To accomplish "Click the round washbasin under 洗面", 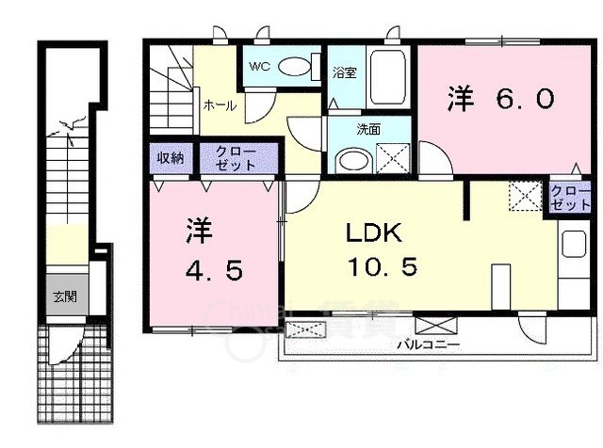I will [354, 159].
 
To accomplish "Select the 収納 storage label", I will [170, 157].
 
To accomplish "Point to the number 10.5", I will [383, 266].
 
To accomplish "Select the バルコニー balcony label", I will [428, 345].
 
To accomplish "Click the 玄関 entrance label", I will [64, 297].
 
